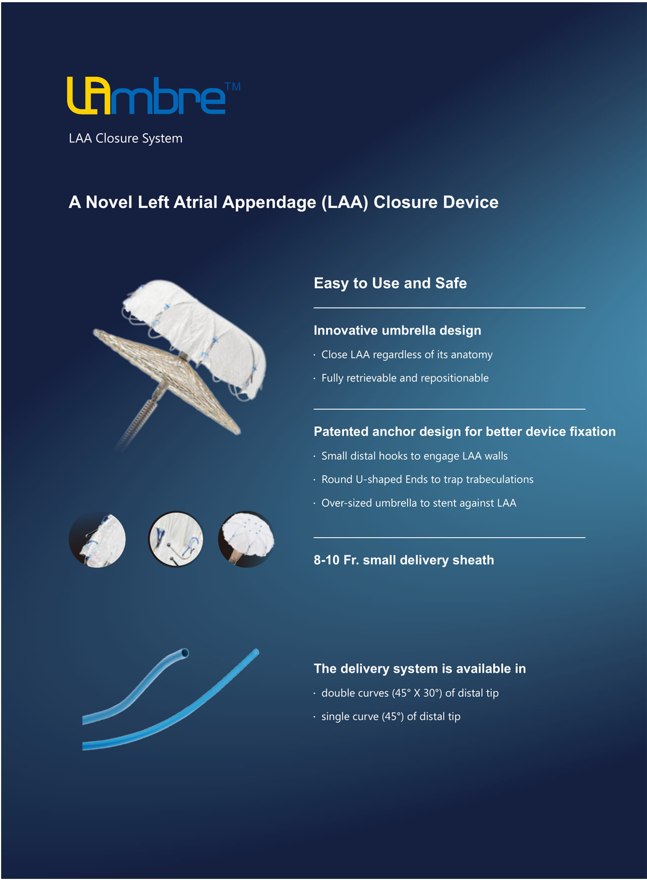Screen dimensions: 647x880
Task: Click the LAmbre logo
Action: coord(147,96)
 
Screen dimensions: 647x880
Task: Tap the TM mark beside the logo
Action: coord(233,86)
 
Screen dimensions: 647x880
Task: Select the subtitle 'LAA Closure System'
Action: coord(126,138)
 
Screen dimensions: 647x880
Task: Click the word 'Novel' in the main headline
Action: coord(109,202)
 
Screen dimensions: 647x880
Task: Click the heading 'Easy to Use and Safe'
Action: coord(390,283)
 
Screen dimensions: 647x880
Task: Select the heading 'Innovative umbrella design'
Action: coord(397,330)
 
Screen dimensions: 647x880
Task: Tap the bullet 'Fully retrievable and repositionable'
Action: coord(405,378)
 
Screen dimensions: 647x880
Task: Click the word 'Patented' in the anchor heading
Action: coord(341,431)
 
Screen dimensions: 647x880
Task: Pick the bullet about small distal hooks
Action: coord(414,456)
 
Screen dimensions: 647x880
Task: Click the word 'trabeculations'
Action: coord(500,480)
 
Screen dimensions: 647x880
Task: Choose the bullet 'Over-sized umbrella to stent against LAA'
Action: coord(419,503)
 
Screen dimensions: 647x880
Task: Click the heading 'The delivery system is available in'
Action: coord(420,669)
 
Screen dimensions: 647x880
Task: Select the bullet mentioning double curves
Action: coord(410,693)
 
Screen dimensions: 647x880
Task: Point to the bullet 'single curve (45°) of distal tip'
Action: coord(390,717)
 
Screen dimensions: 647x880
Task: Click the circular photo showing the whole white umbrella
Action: coord(246,539)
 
